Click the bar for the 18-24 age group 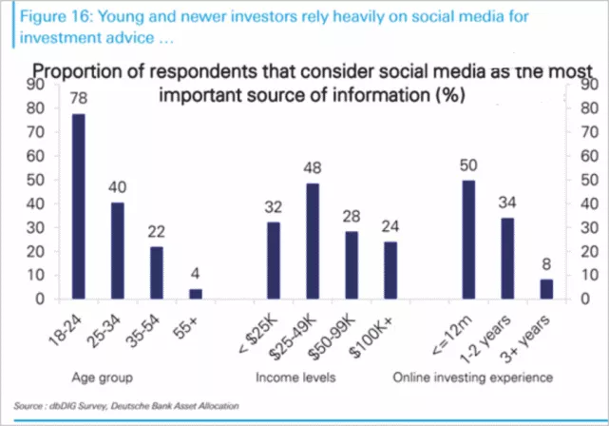(78, 206)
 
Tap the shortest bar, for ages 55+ (196, 294)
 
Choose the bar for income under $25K (274, 261)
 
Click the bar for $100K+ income (390, 270)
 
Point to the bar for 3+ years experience (546, 289)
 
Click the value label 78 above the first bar (78, 96)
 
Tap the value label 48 (313, 167)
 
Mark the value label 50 (468, 165)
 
